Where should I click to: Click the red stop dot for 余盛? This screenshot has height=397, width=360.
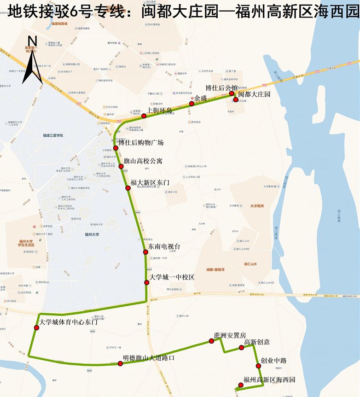(x=192, y=104)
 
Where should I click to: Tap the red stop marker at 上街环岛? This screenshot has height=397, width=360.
(x=144, y=116)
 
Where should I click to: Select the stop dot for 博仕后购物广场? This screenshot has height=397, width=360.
(x=116, y=148)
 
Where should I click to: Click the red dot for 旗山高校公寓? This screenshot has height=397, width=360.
(x=121, y=166)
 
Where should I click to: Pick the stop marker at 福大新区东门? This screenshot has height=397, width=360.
(x=128, y=187)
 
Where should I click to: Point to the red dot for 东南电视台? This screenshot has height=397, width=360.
(x=145, y=252)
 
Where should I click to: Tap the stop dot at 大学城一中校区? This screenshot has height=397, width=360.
(x=147, y=282)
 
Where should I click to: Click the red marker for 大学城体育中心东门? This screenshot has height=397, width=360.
(x=37, y=327)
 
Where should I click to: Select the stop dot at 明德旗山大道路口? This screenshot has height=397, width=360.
(x=120, y=363)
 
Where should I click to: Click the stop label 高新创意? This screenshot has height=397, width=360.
(x=257, y=342)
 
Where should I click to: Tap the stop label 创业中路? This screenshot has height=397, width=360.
(x=273, y=361)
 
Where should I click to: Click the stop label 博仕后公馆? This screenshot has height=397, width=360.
(x=221, y=88)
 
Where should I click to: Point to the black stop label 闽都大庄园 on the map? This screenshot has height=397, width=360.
(x=254, y=94)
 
